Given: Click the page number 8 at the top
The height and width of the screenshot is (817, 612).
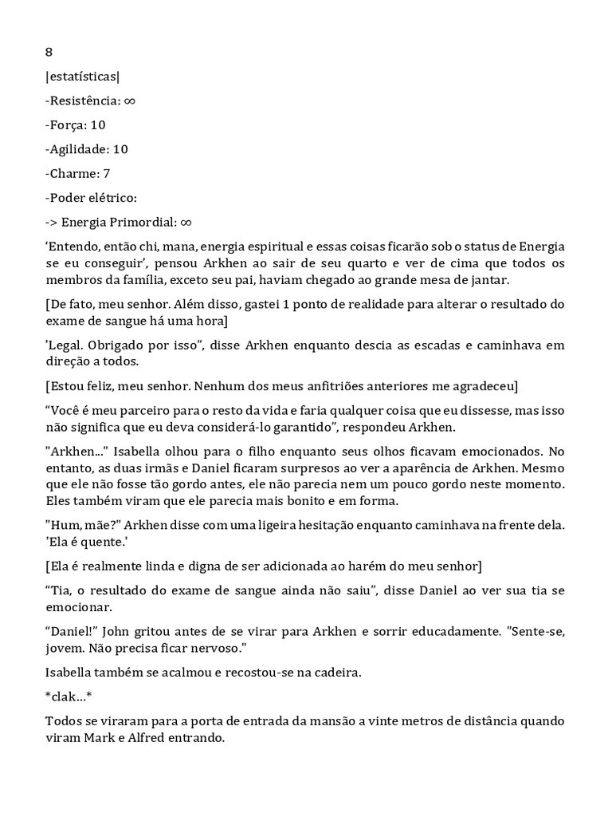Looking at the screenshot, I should coord(49,53).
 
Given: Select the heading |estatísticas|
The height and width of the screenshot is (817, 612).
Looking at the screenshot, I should coord(84,77).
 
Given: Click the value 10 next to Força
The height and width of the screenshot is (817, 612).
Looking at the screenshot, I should coord(98,124).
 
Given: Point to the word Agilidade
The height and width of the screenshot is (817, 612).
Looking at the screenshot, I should coord(79,149).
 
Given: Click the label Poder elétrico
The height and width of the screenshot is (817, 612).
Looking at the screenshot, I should coord(91,197).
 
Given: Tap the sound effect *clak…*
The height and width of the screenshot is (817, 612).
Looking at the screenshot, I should coord(69,697).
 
